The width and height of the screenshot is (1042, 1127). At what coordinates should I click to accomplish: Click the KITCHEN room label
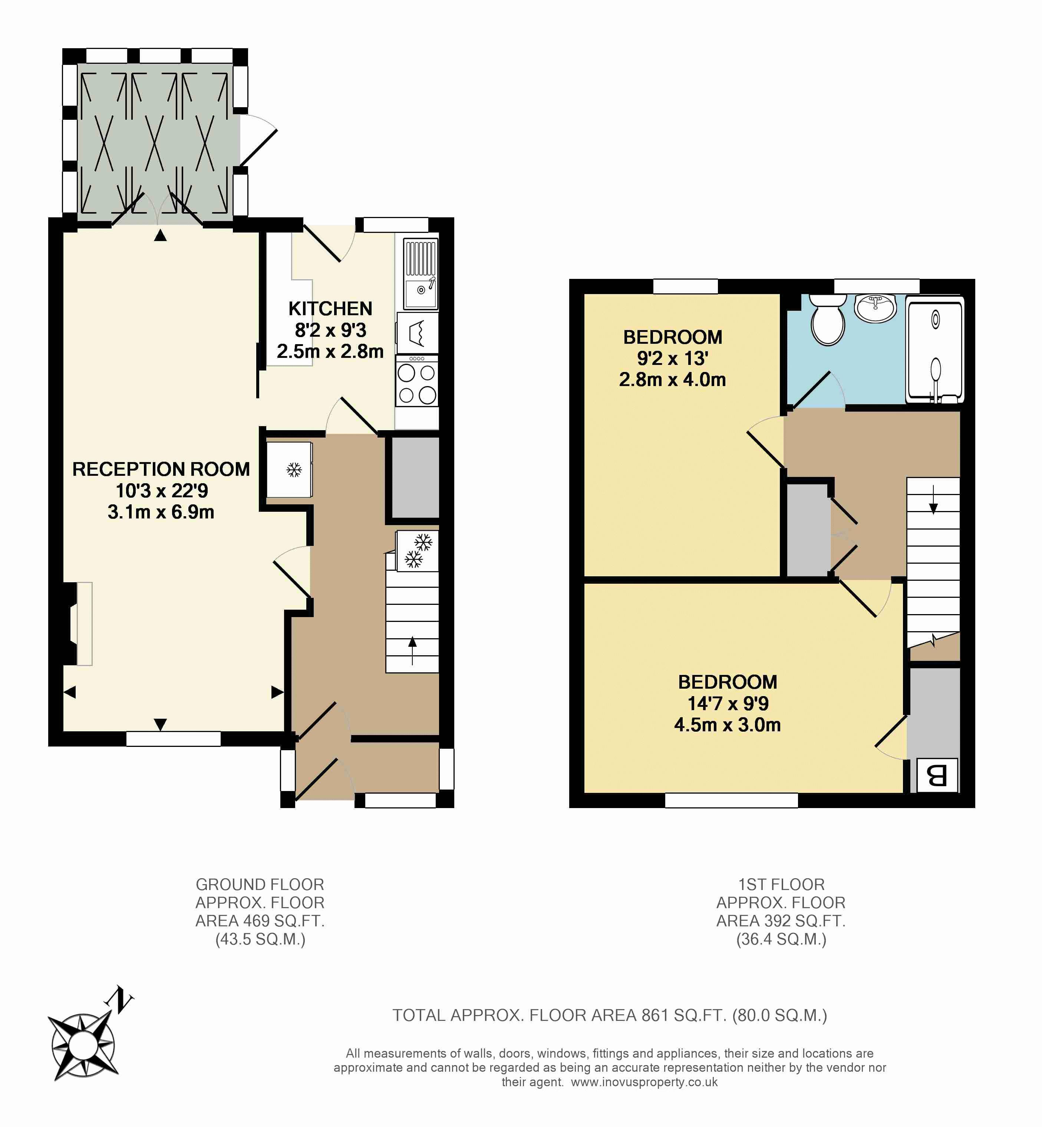330,309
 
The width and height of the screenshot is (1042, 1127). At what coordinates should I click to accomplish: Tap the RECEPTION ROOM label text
161,469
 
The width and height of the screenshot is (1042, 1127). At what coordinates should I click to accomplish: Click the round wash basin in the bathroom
875,308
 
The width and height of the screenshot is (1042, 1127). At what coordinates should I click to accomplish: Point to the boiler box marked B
937,775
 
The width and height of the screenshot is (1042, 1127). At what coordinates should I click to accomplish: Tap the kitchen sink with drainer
421,274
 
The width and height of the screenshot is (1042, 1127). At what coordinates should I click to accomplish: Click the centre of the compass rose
83,1045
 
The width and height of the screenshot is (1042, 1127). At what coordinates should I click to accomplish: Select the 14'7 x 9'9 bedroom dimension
728,703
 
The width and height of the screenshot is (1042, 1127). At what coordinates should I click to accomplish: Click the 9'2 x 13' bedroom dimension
673,359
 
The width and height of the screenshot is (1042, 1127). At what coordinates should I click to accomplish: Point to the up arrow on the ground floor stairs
412,650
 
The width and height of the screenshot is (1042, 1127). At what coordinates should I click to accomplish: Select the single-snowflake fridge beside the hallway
289,469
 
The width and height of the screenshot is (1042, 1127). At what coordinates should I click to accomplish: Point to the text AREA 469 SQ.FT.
260,921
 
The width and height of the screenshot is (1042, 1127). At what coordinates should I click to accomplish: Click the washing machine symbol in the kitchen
417,333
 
